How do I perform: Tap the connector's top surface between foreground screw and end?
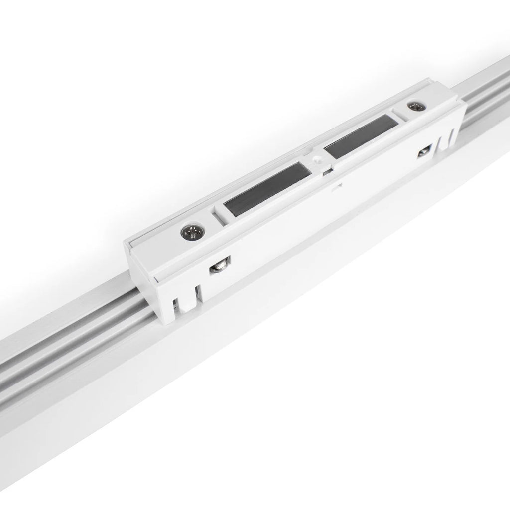click(x=159, y=244)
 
